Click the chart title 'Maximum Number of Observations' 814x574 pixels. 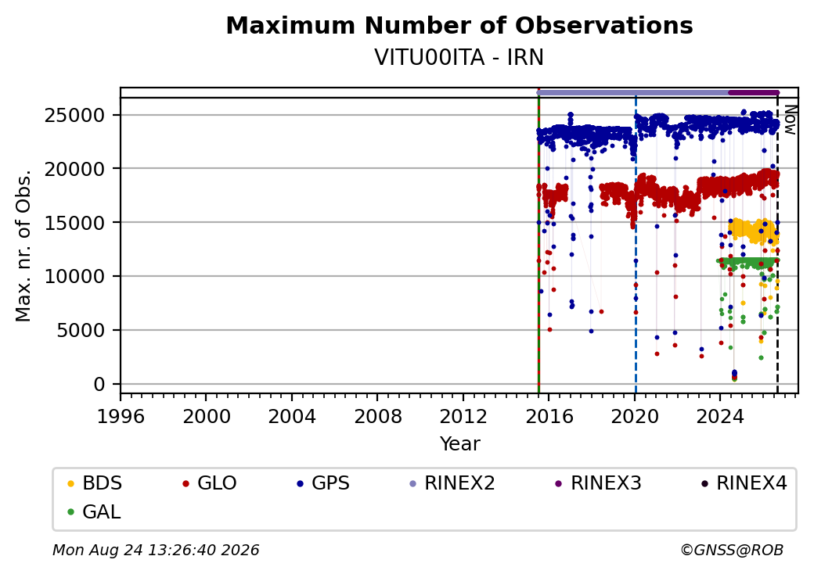[x=459, y=25]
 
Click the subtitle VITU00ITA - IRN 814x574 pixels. [x=459, y=58]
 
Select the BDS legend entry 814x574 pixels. [x=95, y=483]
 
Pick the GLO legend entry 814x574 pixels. [x=210, y=483]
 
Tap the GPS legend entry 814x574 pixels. [x=323, y=483]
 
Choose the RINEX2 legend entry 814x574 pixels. [x=452, y=483]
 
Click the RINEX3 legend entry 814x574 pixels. [x=599, y=483]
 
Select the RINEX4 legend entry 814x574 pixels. [x=744, y=483]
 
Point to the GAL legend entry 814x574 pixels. [x=95, y=511]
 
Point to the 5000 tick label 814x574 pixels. [x=81, y=330]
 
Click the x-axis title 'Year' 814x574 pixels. [x=460, y=444]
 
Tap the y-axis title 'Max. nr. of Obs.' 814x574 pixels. [x=23, y=246]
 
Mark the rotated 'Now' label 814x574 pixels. [x=790, y=120]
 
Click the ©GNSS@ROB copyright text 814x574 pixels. [x=732, y=550]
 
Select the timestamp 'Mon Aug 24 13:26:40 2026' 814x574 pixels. [x=157, y=550]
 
